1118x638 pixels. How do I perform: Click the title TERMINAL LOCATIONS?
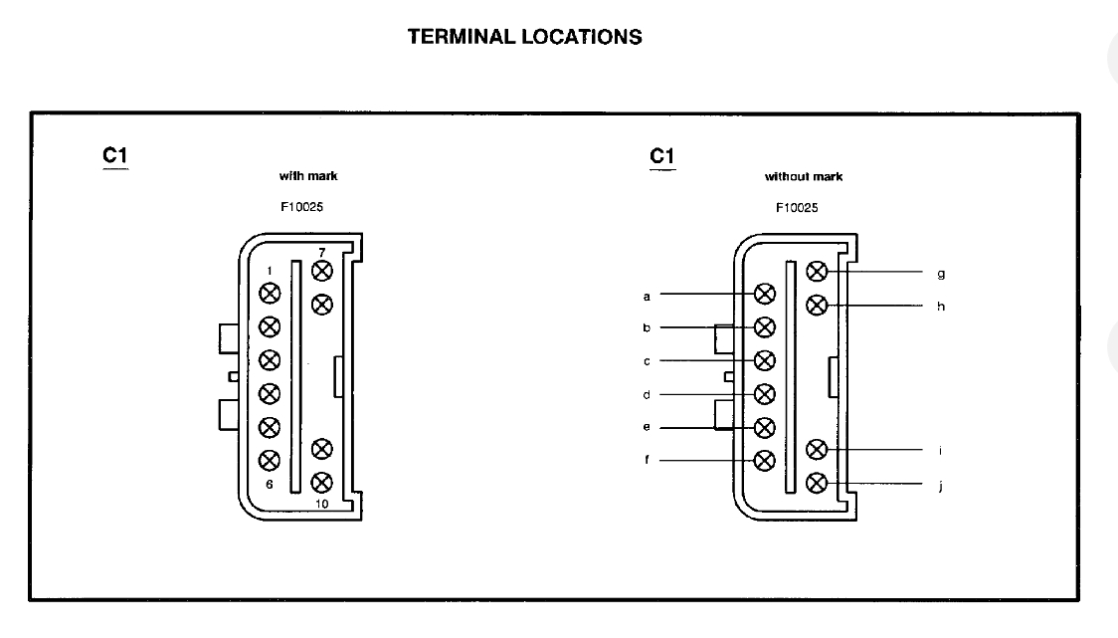(524, 38)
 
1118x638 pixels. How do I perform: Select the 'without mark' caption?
(803, 177)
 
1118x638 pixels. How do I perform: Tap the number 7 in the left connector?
(321, 252)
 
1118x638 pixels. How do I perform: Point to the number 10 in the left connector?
(321, 504)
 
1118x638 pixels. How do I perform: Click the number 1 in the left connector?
(269, 272)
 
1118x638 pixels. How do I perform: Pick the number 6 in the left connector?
(269, 484)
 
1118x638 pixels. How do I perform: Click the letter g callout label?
(941, 272)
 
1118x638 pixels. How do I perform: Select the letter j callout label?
(941, 487)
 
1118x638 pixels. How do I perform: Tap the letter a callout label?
(647, 296)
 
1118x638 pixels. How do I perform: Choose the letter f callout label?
(647, 461)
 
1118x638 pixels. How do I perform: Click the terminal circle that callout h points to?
(817, 304)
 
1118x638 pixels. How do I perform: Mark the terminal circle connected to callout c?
(765, 359)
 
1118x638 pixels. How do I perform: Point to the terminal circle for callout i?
(817, 450)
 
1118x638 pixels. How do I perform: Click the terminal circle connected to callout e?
(765, 427)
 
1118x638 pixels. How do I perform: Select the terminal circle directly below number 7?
(321, 270)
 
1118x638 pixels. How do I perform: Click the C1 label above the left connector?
(114, 156)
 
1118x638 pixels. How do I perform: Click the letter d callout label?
(647, 394)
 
